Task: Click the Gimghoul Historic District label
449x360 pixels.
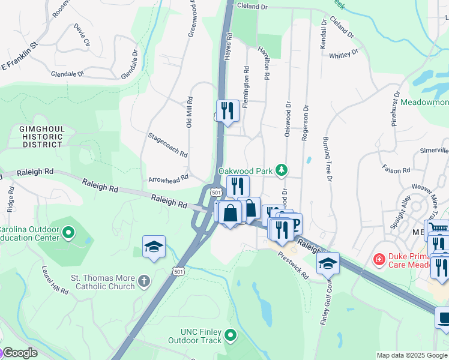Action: pyautogui.click(x=40, y=137)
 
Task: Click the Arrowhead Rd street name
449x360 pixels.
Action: pyautogui.click(x=168, y=178)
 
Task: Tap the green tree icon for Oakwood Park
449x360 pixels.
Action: pyautogui.click(x=281, y=171)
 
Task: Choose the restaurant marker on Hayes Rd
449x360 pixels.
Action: pyautogui.click(x=228, y=110)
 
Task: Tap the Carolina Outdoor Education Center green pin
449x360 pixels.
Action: pyautogui.click(x=69, y=232)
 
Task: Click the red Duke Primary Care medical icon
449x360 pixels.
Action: pyautogui.click(x=379, y=259)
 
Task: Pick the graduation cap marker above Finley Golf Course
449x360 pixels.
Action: pyautogui.click(x=328, y=263)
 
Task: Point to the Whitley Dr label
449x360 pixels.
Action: pyautogui.click(x=343, y=55)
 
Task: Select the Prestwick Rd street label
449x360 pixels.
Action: pyautogui.click(x=293, y=265)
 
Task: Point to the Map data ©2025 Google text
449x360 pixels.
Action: pyautogui.click(x=411, y=355)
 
